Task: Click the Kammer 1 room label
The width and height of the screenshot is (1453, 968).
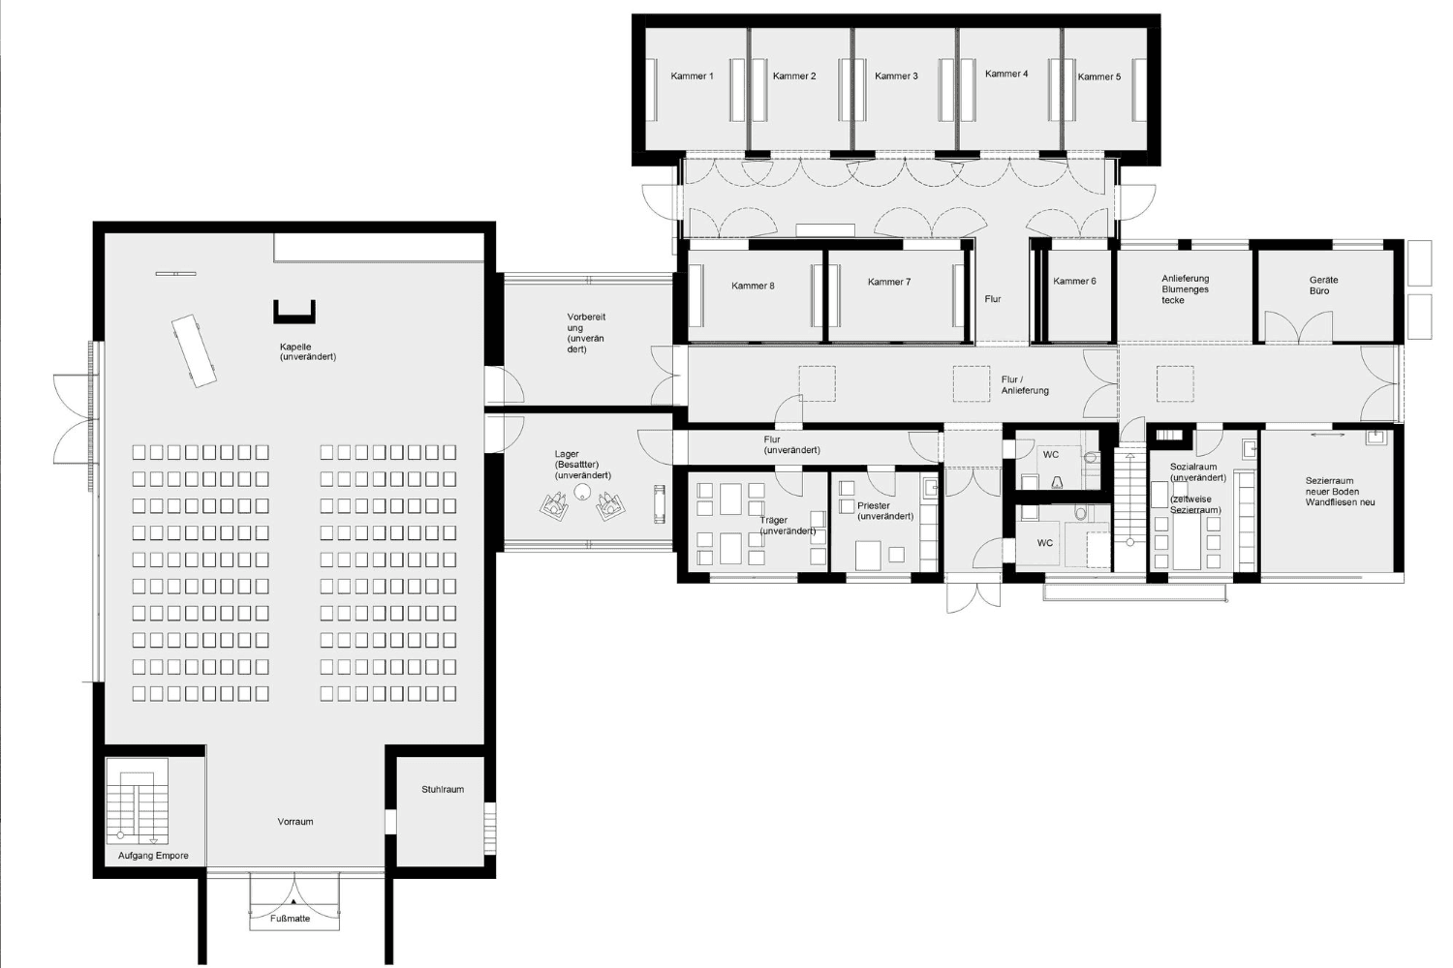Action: [693, 76]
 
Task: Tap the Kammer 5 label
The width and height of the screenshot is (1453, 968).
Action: [1098, 76]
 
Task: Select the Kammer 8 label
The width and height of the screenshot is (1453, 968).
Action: [753, 286]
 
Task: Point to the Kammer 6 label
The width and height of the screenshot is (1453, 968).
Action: [1074, 281]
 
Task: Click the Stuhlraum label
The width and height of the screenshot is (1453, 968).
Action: [443, 789]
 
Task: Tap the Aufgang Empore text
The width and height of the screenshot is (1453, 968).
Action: [153, 855]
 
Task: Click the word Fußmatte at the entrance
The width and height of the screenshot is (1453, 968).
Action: [290, 918]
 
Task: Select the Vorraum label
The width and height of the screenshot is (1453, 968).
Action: [295, 822]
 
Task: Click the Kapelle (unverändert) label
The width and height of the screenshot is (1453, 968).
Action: [307, 351]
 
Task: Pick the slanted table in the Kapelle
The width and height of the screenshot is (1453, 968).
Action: [194, 350]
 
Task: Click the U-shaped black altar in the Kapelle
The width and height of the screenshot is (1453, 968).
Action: [294, 312]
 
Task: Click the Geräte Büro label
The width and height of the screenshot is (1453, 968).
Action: [1322, 286]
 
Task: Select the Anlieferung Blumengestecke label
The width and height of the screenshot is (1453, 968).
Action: [1185, 289]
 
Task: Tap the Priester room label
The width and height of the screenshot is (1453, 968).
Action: [884, 511]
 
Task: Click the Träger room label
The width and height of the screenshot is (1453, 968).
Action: [787, 526]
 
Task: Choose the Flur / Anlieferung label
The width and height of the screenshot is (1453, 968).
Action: [1024, 384]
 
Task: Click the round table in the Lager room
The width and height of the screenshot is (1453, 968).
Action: [582, 492]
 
